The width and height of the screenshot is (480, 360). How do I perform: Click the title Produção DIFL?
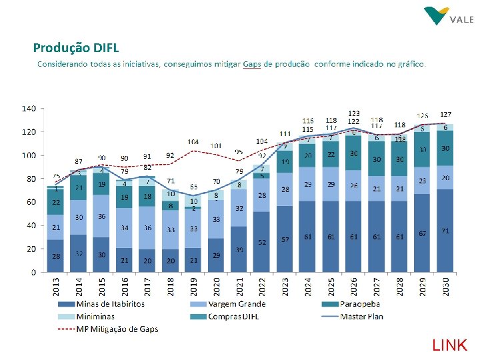point(76,47)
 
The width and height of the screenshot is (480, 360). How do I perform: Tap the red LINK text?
point(450,345)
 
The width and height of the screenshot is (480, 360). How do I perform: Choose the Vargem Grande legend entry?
point(236,304)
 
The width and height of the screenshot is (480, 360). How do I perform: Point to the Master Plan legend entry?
point(361,316)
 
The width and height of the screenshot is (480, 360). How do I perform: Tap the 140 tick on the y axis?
point(29,108)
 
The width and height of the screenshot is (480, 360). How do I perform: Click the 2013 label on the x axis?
point(56,287)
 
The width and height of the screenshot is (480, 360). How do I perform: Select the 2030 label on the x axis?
point(445,287)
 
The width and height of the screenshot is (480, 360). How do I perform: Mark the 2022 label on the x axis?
point(262,287)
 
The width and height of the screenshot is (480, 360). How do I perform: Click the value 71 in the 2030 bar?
point(445,231)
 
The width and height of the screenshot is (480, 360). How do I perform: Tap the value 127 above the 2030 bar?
point(445,115)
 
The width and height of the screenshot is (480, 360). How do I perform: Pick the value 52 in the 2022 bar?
point(262,243)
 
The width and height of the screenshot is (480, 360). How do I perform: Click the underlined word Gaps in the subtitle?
point(252,65)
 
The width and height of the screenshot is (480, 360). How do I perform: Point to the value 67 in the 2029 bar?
point(423,233)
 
